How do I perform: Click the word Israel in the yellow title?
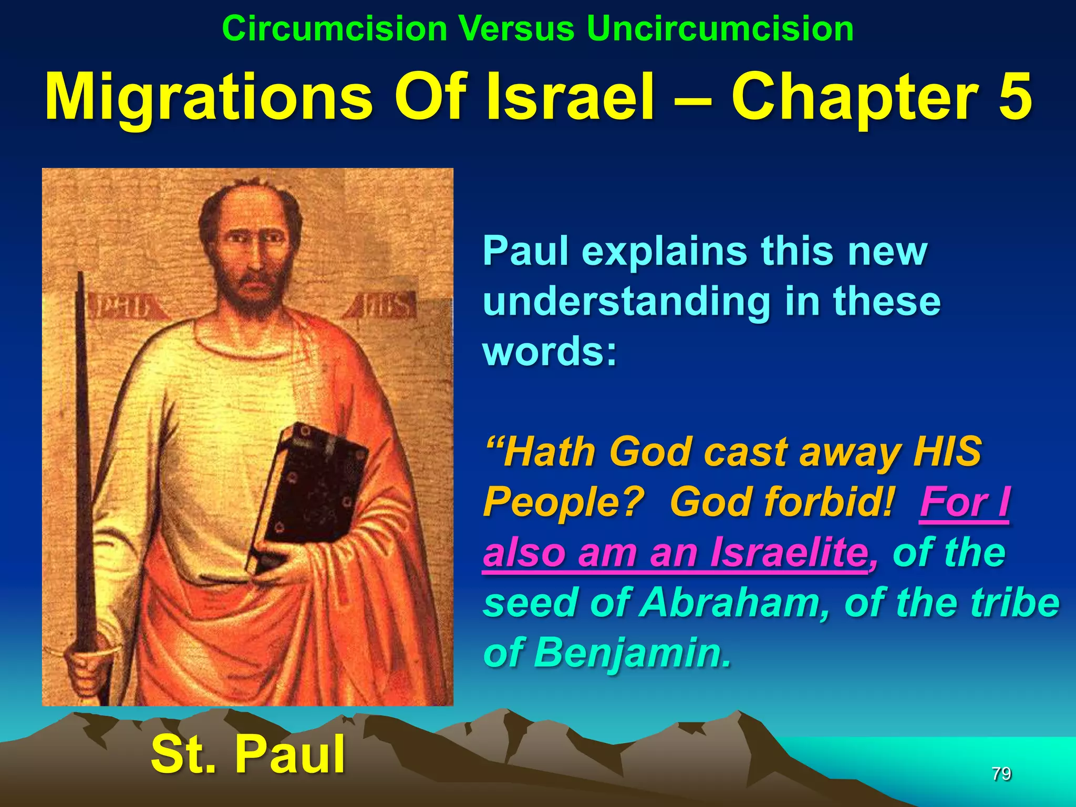coord(571,97)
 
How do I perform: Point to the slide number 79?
coord(1001,773)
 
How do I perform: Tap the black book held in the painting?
coord(310,494)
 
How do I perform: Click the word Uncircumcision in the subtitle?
coord(720,28)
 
